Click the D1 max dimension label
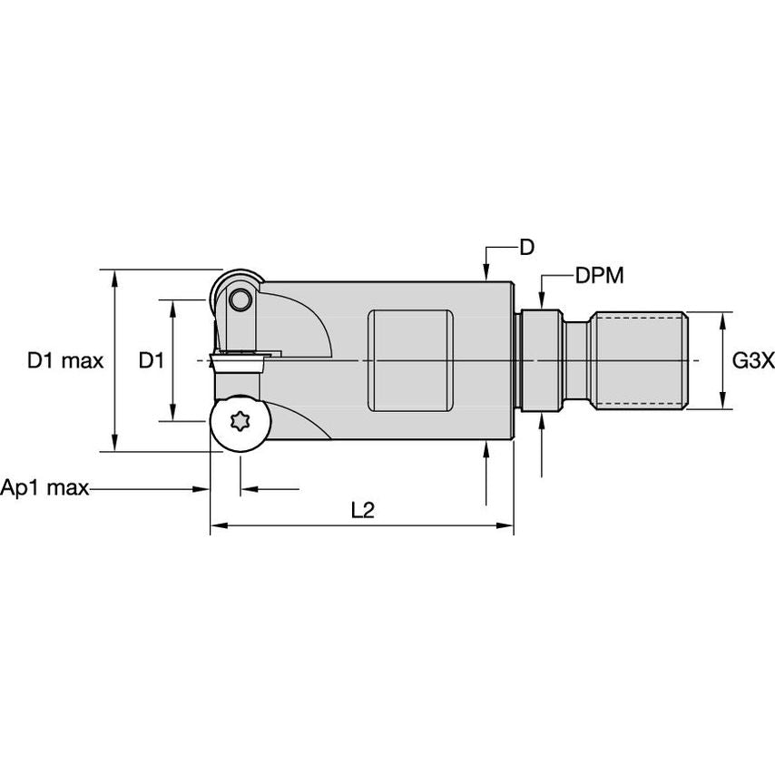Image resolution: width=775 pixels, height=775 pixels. (65, 361)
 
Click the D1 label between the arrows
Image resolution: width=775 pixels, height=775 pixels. (151, 361)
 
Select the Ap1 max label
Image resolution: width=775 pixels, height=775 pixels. (44, 488)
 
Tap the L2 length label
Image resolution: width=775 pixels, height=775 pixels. (363, 510)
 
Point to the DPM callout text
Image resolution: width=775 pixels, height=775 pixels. (599, 275)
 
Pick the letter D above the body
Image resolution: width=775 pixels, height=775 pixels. (527, 247)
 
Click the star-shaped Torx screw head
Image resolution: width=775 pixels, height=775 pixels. (240, 421)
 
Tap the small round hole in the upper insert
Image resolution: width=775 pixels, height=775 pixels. (240, 299)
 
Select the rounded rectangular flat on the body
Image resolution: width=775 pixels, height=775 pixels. (410, 361)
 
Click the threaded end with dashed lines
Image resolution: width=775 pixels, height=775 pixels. (640, 361)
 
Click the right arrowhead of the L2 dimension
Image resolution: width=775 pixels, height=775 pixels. (505, 525)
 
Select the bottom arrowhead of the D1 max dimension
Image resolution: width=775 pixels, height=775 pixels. (114, 443)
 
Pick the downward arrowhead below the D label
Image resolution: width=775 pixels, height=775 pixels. (486, 273)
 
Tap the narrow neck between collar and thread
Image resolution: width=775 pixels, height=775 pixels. (578, 361)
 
